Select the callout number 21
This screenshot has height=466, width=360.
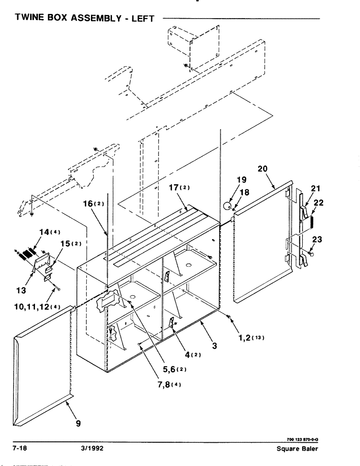pyautogui.click(x=316, y=189)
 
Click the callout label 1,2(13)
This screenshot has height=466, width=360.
pyautogui.click(x=251, y=338)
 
